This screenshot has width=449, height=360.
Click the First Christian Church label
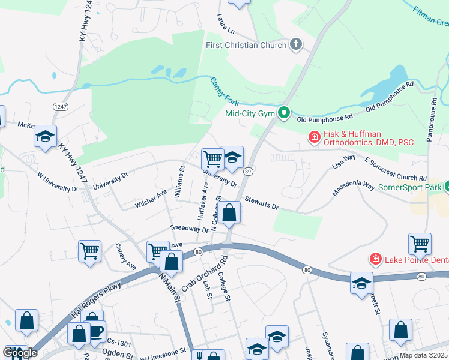[x=246, y=45]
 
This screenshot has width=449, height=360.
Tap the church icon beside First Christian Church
[x=295, y=44]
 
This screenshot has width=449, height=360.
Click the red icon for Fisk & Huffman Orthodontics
[x=314, y=137]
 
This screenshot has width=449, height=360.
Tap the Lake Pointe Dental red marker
[x=375, y=259]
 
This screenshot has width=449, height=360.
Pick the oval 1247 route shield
[x=60, y=106]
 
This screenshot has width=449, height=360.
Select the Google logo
[x=20, y=353]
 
